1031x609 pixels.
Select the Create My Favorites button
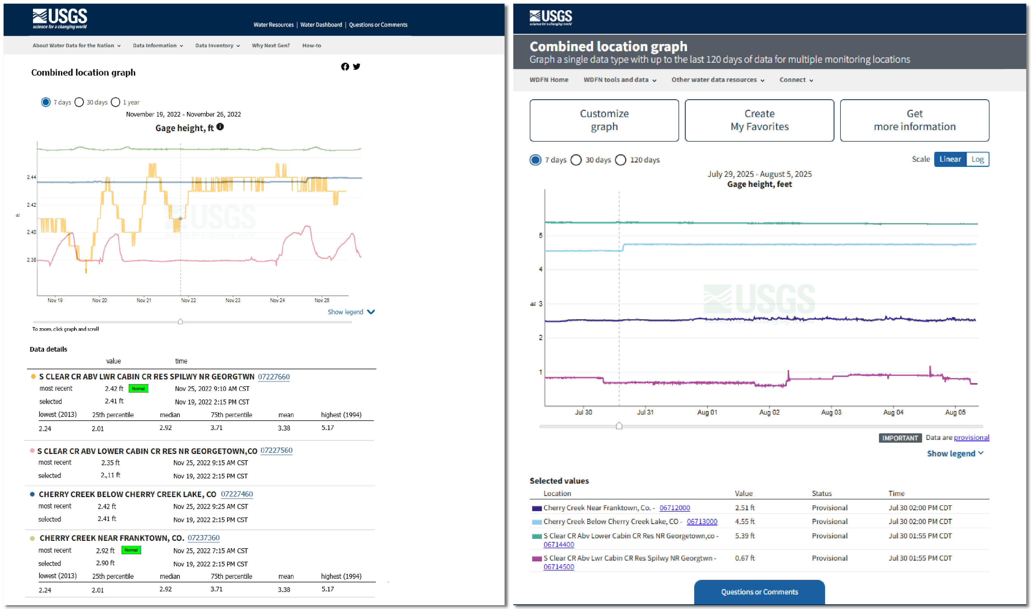pos(759,120)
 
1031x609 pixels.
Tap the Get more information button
pos(914,120)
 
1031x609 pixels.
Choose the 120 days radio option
pos(621,160)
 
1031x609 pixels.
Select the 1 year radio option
pos(116,102)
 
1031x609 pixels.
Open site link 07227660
pos(274,376)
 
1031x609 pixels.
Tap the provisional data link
pos(971,437)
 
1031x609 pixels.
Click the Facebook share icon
pos(344,67)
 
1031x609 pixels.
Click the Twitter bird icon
pos(357,67)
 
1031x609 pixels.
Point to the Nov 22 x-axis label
pos(188,301)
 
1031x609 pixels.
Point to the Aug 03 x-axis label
pos(831,412)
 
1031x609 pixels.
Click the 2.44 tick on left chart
pos(31,177)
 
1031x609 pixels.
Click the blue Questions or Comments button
pos(759,591)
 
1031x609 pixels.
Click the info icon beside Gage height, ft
pos(220,127)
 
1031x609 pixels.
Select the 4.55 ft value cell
pos(744,522)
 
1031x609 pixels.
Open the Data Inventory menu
pos(217,46)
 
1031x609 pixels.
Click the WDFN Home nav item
pos(548,80)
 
